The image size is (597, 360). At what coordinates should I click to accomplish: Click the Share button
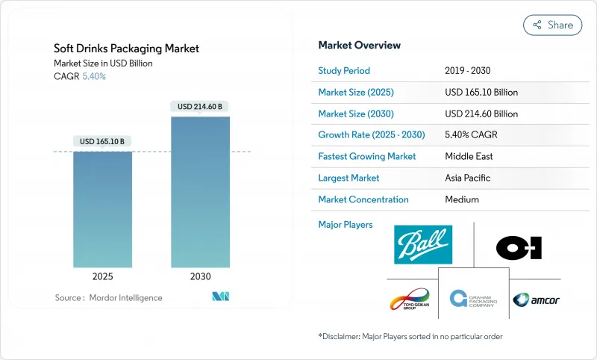(553, 25)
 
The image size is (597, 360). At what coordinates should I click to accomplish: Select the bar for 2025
(103, 209)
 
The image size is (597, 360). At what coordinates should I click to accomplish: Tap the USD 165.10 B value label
(103, 141)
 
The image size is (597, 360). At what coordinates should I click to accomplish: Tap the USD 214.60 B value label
(201, 107)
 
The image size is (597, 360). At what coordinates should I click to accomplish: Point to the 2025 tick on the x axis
(103, 276)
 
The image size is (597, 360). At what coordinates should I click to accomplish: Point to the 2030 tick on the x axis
(201, 276)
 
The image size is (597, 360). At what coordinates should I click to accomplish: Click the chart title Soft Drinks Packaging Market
(126, 49)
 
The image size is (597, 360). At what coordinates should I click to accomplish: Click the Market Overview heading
(359, 46)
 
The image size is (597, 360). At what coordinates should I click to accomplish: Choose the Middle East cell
(469, 157)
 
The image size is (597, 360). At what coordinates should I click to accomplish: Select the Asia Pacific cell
(469, 179)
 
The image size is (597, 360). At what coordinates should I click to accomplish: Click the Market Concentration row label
(363, 199)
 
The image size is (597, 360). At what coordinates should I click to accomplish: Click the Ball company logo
(423, 244)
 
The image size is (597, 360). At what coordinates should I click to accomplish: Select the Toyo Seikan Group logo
(410, 300)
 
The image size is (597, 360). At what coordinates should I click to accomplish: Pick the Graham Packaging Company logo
(473, 300)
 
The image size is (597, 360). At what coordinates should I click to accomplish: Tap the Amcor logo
(536, 300)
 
